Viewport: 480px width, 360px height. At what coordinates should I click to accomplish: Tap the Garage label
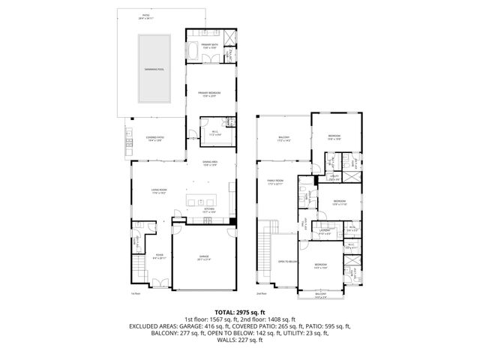[203, 258]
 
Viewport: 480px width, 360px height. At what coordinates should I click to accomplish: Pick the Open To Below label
[289, 261]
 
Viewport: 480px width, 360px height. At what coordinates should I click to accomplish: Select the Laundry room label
[323, 232]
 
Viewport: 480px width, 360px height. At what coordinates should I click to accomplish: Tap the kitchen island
[202, 201]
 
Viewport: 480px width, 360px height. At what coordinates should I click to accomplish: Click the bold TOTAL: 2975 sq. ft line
[240, 311]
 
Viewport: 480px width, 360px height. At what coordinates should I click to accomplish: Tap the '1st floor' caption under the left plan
[136, 294]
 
